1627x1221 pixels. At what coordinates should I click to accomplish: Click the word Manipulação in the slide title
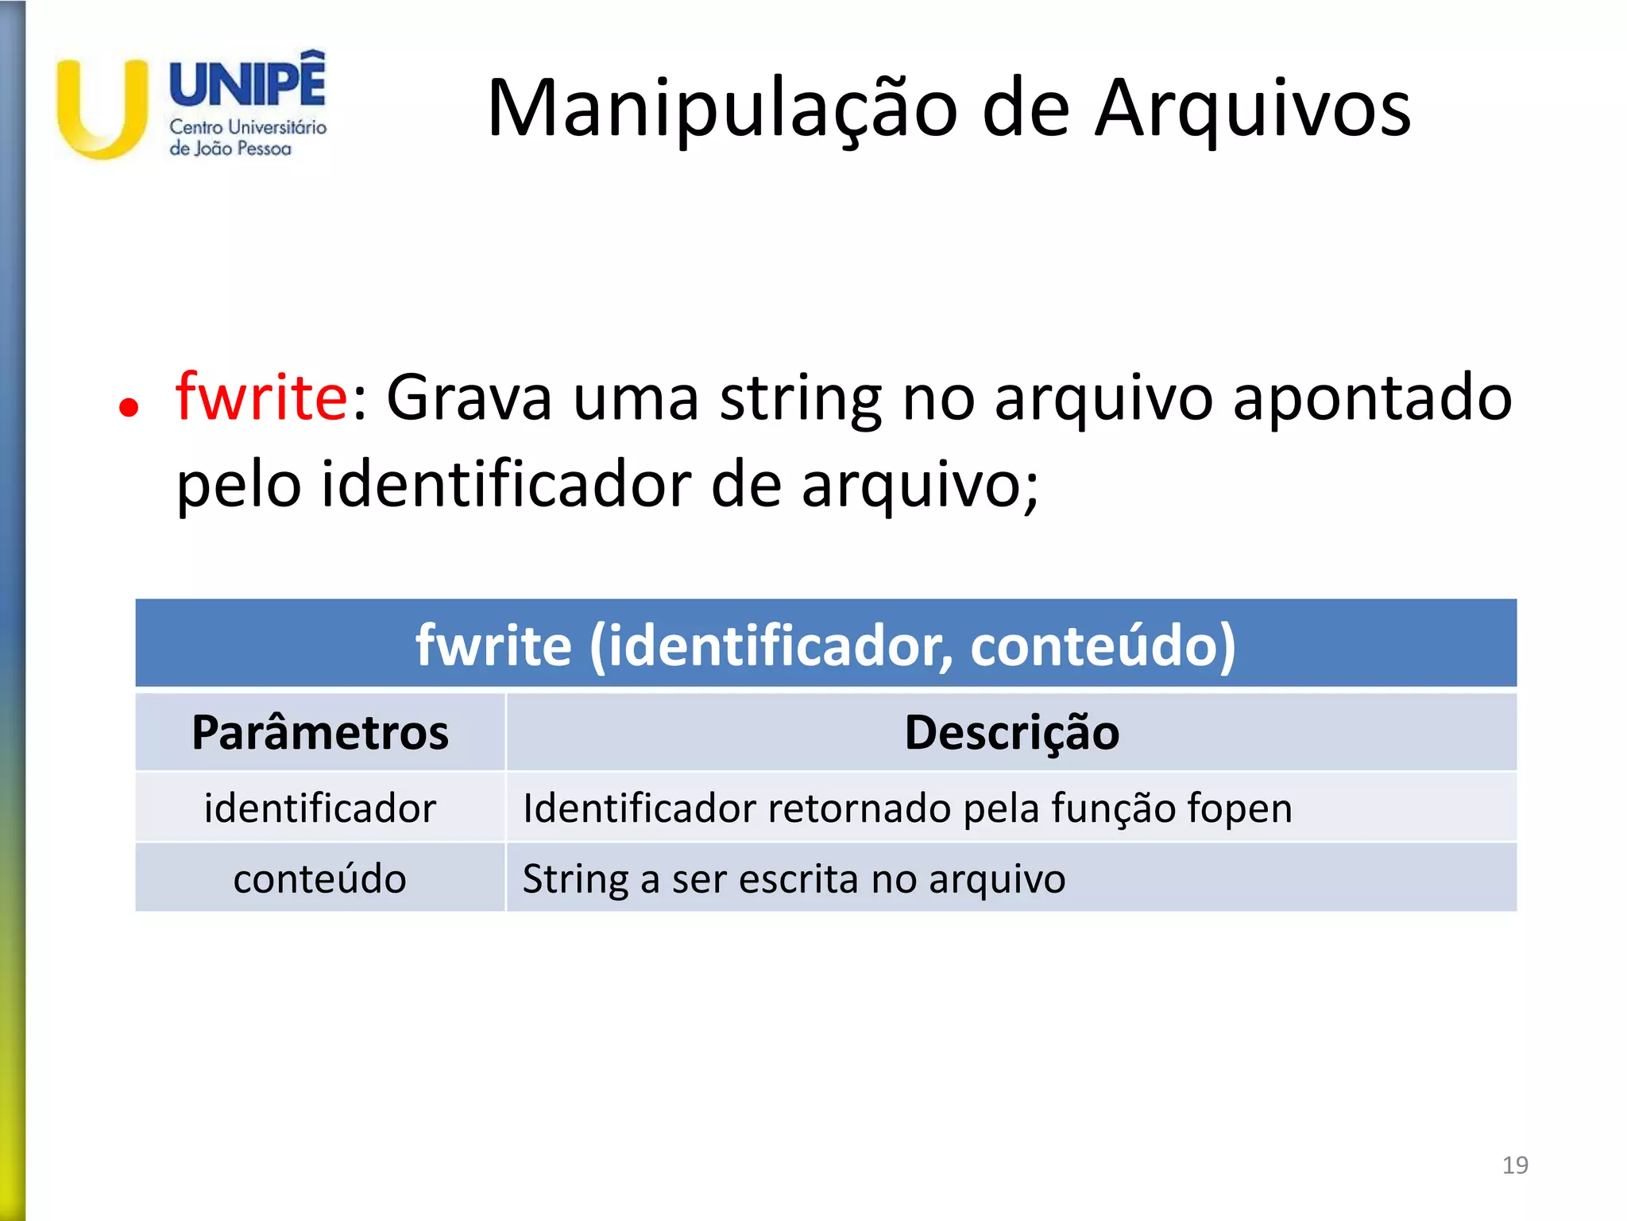point(721,110)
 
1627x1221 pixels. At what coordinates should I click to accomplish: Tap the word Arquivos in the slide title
point(1253,110)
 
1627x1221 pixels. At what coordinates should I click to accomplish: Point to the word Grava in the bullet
point(469,397)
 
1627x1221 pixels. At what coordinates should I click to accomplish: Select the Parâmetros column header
point(320,732)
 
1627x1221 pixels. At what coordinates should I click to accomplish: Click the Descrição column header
point(1011,732)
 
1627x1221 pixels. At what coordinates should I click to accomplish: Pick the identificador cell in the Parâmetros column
point(320,808)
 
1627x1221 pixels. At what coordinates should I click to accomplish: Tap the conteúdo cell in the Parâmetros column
point(320,878)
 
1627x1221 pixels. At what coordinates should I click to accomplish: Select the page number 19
point(1515,1165)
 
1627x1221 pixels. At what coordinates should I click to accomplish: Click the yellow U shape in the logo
point(102,111)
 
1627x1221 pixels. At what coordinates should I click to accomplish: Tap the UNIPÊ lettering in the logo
point(247,82)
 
